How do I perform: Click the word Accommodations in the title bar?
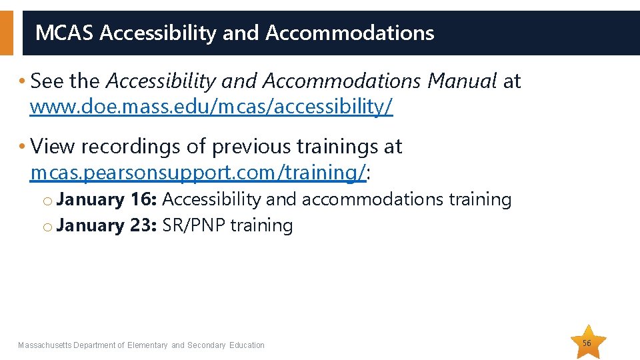coord(349,33)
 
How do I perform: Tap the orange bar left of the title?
coord(6,33)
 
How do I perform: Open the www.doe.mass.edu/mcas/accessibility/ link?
coord(211,106)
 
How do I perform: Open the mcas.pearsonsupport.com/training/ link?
coord(198,172)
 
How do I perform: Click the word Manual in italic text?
coord(462,81)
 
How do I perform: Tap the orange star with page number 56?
coord(587,343)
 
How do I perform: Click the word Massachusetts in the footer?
coord(44,345)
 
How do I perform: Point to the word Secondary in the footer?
coord(207,345)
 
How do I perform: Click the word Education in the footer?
coord(247,345)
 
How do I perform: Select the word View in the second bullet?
coord(51,146)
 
